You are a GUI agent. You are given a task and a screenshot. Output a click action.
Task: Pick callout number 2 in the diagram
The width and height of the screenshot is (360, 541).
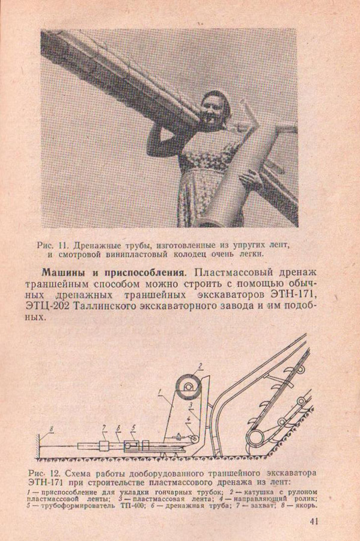click(200, 365)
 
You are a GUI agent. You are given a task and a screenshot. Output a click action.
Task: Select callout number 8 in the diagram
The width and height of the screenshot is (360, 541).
click(51, 429)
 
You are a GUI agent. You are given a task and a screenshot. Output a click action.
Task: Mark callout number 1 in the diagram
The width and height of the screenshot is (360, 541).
click(160, 391)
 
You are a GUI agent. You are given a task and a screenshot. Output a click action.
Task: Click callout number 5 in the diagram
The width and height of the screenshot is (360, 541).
click(132, 429)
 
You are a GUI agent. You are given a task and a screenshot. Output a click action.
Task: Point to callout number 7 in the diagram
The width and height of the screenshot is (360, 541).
click(103, 429)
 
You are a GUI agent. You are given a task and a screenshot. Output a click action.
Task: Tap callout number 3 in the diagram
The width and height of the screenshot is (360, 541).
click(190, 405)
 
